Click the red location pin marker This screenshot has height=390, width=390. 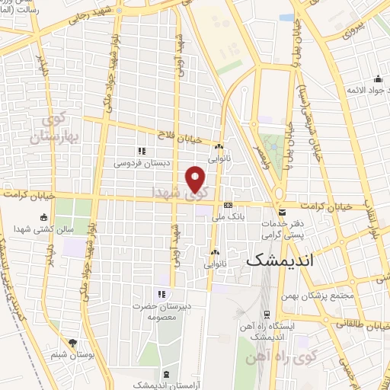point(196,178)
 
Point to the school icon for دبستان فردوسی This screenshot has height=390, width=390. point(142,151)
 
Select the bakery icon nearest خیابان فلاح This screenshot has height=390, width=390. point(219,147)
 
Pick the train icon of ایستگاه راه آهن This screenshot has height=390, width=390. point(267,313)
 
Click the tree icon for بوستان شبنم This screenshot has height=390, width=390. point(73,344)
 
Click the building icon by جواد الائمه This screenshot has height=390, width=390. point(378,78)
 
